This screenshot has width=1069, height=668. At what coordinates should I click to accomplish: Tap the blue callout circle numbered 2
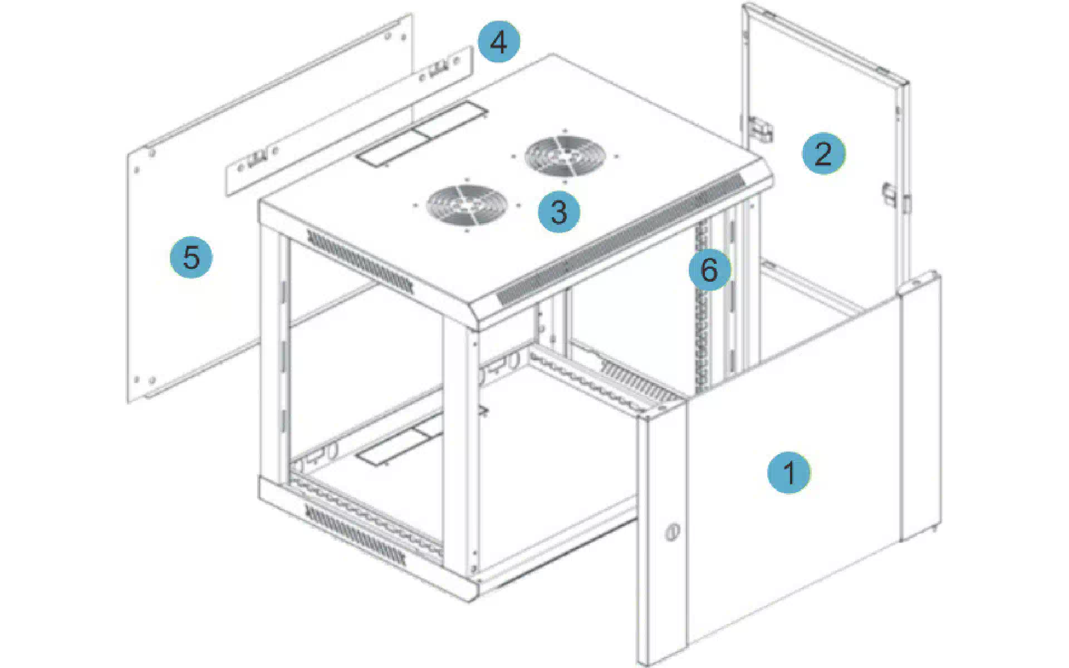(823, 153)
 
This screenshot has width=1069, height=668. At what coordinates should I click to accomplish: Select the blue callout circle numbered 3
(558, 212)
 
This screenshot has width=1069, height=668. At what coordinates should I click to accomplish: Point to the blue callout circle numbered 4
(499, 42)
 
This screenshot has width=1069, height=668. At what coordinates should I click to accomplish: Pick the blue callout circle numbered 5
(191, 257)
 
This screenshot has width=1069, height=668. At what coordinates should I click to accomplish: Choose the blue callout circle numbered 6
(709, 270)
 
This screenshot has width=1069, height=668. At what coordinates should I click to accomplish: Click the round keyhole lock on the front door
(672, 532)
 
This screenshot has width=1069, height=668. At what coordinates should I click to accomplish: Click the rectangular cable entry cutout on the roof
(421, 133)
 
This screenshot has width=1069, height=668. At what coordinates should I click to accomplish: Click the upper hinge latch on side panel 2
(760, 129)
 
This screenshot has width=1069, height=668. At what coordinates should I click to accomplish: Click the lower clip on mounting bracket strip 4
(255, 160)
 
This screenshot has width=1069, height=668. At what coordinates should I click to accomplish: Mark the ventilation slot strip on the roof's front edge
(620, 239)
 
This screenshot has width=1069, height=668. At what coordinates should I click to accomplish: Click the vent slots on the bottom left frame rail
(355, 532)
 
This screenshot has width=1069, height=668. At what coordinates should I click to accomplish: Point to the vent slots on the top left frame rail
(360, 262)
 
